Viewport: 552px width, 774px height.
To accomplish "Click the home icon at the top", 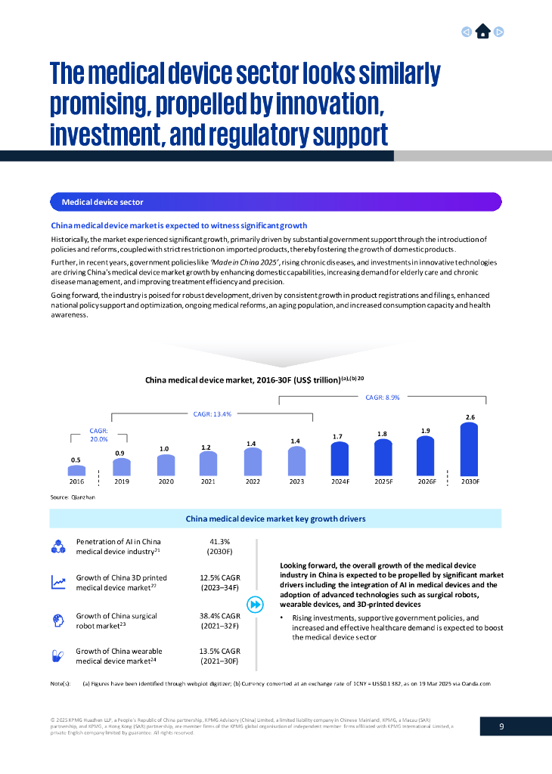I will [482, 32].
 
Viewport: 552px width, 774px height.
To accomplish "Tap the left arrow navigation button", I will [467, 32].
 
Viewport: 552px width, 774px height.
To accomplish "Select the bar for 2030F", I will [470, 449].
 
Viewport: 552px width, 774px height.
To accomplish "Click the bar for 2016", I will [76, 470].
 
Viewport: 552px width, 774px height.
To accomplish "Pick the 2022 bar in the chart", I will [253, 462].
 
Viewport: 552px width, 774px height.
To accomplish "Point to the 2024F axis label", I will [340, 481].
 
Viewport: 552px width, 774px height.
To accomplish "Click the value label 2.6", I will [470, 417].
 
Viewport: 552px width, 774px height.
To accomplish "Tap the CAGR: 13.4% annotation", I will [212, 414].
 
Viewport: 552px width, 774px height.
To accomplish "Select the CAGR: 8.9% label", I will [382, 397].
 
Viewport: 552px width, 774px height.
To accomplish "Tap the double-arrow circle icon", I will [256, 605].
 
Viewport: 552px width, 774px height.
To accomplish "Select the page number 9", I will [501, 726].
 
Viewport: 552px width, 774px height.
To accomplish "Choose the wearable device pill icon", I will [57, 655].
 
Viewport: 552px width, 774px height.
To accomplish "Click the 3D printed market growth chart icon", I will [57, 583].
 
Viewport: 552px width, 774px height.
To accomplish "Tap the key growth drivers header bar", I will [275, 519].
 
